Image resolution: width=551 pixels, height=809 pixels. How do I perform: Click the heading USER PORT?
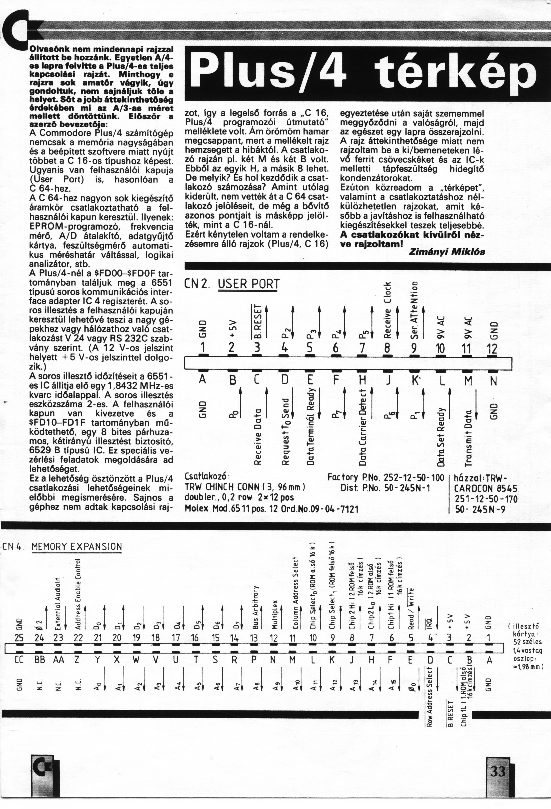tap(249, 284)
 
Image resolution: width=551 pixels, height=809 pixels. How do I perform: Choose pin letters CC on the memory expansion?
tap(19, 660)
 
